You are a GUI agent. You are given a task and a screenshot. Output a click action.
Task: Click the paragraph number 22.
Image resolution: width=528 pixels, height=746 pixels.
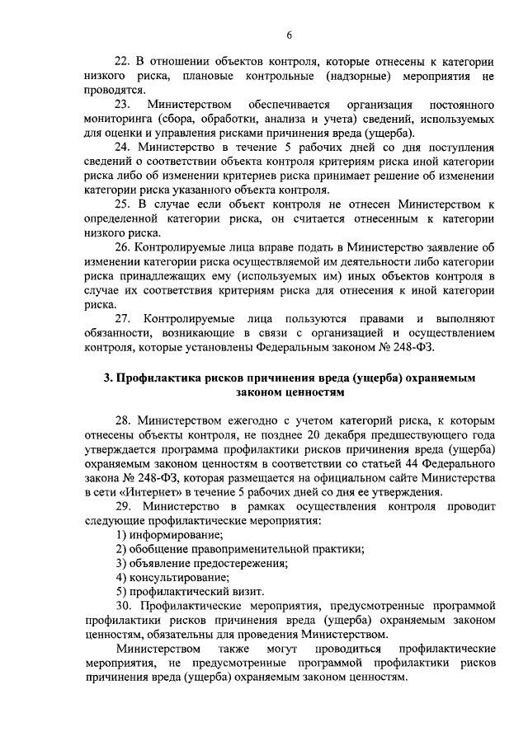pyautogui.click(x=123, y=62)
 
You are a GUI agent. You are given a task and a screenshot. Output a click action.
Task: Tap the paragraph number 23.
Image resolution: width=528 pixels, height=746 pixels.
pyautogui.click(x=123, y=106)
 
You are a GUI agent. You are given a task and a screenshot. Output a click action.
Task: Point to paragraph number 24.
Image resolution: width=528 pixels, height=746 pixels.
pyautogui.click(x=123, y=149)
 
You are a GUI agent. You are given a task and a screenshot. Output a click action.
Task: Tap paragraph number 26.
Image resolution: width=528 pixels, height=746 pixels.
pyautogui.click(x=123, y=249)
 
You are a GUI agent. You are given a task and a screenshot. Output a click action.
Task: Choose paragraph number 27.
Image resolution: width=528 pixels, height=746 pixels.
pyautogui.click(x=123, y=319)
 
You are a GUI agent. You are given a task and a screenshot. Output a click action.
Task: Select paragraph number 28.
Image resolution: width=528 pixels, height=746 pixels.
pyautogui.click(x=123, y=420)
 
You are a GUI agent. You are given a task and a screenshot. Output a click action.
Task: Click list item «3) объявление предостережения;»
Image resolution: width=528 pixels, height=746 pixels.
pyautogui.click(x=201, y=563)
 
